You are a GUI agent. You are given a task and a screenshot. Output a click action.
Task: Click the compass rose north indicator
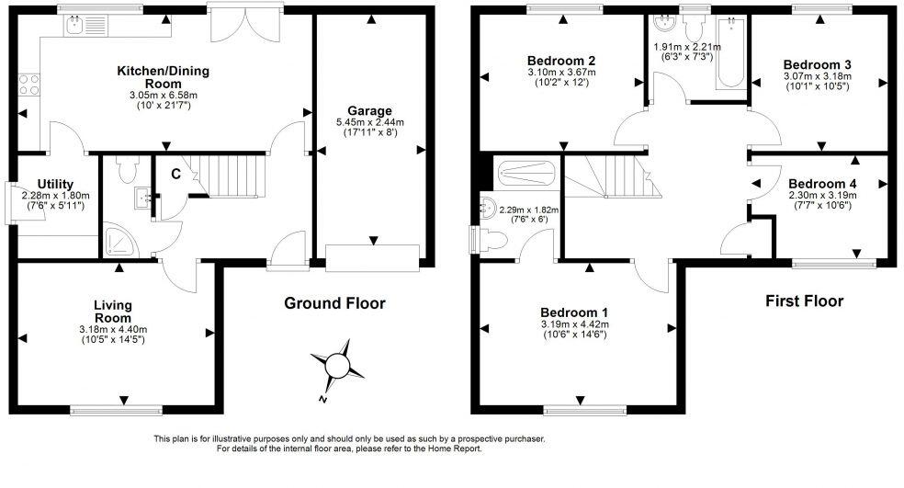(336, 366)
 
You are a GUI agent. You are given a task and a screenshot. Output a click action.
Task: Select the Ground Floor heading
(334, 303)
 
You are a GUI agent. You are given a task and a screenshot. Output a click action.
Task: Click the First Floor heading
(805, 301)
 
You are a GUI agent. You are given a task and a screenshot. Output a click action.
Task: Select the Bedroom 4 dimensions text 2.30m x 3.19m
(821, 195)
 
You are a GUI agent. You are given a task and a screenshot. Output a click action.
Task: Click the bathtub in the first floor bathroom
(730, 52)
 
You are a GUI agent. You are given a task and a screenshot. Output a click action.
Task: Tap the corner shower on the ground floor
(119, 238)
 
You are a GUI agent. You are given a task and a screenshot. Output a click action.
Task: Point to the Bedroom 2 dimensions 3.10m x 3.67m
(561, 72)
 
